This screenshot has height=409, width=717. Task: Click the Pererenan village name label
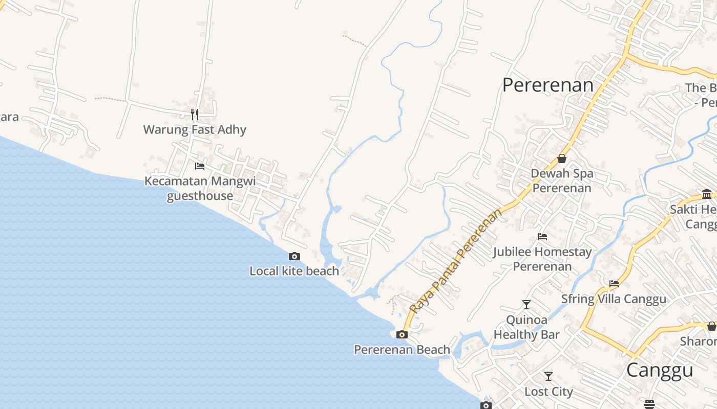click(547, 85)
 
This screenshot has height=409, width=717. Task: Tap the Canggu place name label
click(660, 370)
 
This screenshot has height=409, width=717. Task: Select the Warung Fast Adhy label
click(195, 129)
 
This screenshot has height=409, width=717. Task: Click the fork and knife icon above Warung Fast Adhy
click(195, 114)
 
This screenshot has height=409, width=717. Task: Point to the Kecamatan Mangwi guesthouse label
click(200, 188)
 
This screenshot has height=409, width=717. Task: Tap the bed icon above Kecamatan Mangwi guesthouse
click(200, 166)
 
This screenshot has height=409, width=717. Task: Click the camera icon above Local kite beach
click(294, 256)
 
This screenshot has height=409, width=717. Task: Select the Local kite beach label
click(294, 271)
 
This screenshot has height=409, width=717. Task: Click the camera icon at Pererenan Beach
click(402, 335)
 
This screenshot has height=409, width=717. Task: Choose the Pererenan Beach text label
click(402, 350)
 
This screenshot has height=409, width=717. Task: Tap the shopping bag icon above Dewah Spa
click(562, 158)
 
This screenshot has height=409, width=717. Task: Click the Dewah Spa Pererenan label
click(562, 180)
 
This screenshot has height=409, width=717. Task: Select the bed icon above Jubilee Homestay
click(542, 237)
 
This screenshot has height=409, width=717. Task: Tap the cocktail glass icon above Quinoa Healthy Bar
click(526, 305)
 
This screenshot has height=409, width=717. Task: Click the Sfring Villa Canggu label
click(614, 299)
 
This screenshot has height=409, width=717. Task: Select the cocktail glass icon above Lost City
click(549, 376)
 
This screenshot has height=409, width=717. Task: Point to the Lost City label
click(549, 392)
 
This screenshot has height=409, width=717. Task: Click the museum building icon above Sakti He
click(707, 194)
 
